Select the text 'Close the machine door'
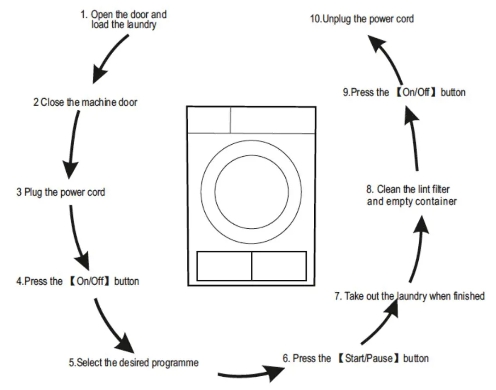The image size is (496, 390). [x=88, y=102]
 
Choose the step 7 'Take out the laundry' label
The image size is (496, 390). [x=409, y=296]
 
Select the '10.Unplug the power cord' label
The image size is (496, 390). [x=362, y=19]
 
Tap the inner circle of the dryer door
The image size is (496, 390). [x=252, y=192]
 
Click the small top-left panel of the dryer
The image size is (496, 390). [x=208, y=120]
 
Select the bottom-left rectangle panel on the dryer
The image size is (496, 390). [x=224, y=266]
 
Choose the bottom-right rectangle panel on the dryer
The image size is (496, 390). [x=279, y=266]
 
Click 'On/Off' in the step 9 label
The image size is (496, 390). [x=415, y=92]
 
